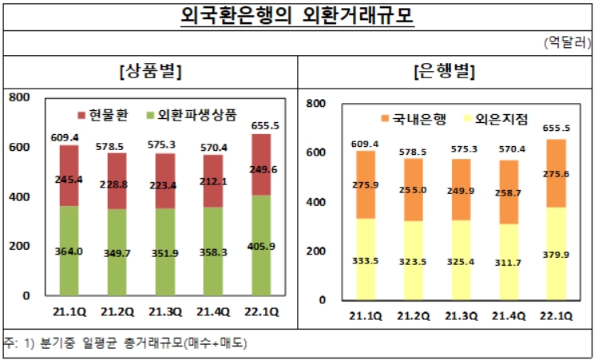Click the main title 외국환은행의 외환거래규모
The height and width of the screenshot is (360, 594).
297,17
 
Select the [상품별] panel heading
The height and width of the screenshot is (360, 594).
149,72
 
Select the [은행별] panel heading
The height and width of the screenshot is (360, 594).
445,72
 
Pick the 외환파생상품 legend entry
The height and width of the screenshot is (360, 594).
192,114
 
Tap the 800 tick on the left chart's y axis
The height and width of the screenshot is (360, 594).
18,97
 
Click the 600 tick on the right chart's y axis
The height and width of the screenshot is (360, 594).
317,152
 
